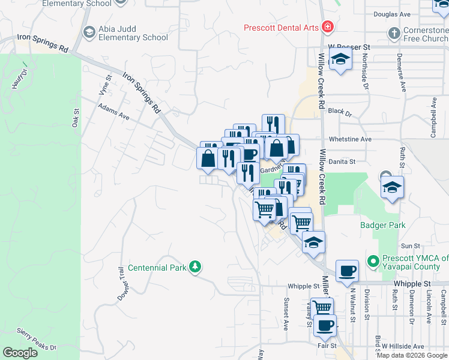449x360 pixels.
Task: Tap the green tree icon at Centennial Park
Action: (x=194, y=266)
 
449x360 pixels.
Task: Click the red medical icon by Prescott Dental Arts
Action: (x=327, y=26)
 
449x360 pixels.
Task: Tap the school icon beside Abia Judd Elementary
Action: (x=89, y=32)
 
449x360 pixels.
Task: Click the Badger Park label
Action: (x=382, y=226)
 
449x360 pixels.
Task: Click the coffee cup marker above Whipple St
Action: (x=347, y=271)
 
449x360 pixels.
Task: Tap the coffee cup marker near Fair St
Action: (x=325, y=325)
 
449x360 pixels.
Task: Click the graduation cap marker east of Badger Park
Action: (x=392, y=188)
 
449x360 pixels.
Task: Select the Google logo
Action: (x=20, y=353)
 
